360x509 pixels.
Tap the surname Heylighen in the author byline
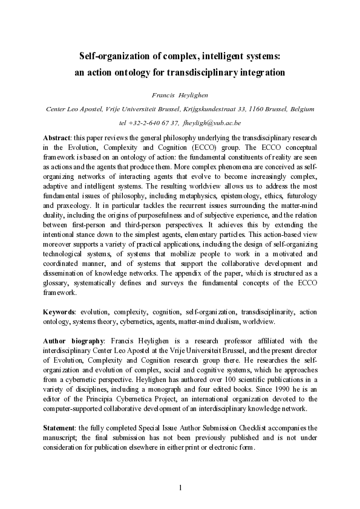coord(192,94)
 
